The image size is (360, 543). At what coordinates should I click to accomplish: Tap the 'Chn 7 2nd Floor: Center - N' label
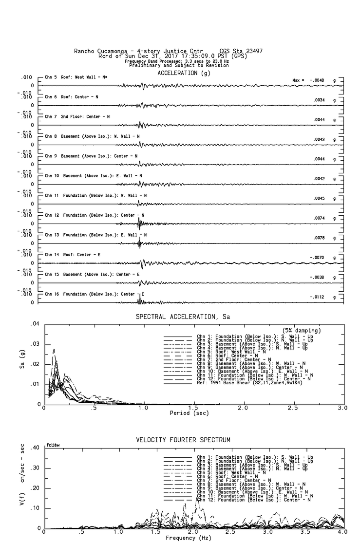point(77,117)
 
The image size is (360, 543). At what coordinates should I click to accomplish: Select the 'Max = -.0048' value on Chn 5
point(311,80)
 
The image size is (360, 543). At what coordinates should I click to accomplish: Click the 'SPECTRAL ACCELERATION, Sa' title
point(183,317)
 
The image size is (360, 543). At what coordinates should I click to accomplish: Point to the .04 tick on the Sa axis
point(35,324)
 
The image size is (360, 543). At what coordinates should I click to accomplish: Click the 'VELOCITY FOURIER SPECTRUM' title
point(183,440)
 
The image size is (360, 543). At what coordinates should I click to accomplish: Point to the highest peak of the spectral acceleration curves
point(54,349)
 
